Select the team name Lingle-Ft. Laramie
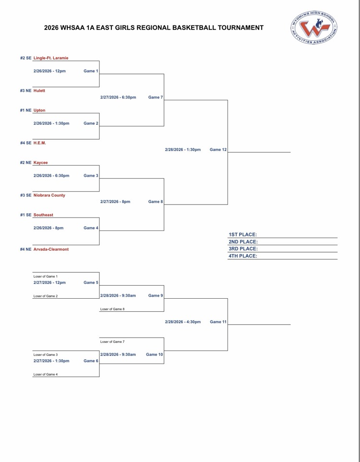click(50, 59)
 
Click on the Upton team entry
click(39, 110)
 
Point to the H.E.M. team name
click(40, 143)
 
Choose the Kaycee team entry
click(41, 163)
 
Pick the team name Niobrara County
click(49, 195)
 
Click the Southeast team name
click(43, 215)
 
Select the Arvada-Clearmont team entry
click(51, 249)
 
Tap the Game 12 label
click(218, 150)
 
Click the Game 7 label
click(156, 97)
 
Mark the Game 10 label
click(154, 354)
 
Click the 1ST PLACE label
click(243, 234)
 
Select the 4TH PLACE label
click(243, 256)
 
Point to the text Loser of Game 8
click(112, 309)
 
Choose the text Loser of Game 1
click(46, 276)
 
